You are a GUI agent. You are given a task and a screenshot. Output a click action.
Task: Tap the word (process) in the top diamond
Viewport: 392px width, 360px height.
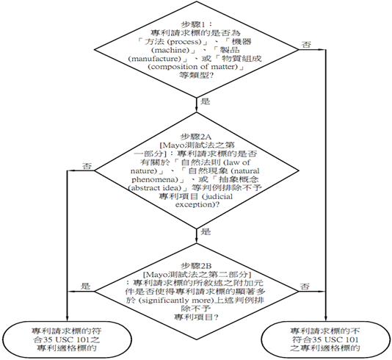pyautogui.click(x=184, y=42)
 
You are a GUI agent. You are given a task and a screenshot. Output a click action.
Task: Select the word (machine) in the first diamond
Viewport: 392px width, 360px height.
pyautogui.click(x=170, y=50)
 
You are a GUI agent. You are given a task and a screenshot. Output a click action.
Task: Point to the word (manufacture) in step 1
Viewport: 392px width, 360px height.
pyautogui.click(x=155, y=59)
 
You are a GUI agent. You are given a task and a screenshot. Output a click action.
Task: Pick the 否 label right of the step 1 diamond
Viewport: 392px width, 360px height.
pyautogui.click(x=307, y=45)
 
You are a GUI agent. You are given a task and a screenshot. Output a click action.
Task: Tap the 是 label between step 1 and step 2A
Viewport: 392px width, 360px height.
pyautogui.click(x=206, y=101)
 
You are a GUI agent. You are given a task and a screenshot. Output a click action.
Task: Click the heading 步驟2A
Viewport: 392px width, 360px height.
pyautogui.click(x=196, y=137)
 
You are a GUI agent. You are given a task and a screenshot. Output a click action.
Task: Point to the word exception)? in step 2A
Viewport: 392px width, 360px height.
pyautogui.click(x=197, y=205)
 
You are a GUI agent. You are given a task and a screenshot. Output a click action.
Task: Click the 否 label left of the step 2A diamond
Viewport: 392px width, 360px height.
pyautogui.click(x=87, y=166)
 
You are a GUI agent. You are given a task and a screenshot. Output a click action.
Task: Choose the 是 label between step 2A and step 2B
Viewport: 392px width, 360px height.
pyautogui.click(x=206, y=231)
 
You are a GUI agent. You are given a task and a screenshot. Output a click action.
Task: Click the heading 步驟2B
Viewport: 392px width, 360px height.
pyautogui.click(x=196, y=266)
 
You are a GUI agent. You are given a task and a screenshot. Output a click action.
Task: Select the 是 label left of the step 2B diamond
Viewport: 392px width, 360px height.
pyautogui.click(x=85, y=286)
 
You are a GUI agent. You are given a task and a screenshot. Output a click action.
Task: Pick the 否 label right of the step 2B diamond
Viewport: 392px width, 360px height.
pyautogui.click(x=305, y=287)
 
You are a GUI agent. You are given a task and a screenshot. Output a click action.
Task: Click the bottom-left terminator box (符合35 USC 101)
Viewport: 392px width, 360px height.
pyautogui.click(x=66, y=339)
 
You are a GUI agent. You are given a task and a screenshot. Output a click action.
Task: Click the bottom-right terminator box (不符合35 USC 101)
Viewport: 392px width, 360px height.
pyautogui.click(x=325, y=339)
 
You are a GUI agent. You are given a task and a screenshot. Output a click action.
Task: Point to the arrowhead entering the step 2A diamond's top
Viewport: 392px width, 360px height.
pyautogui.click(x=197, y=109)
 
